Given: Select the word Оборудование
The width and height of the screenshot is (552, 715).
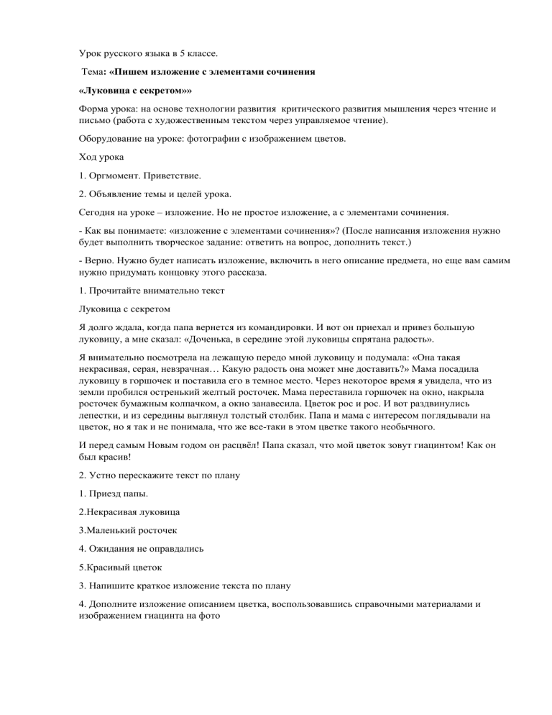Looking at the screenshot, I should tap(112, 142).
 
